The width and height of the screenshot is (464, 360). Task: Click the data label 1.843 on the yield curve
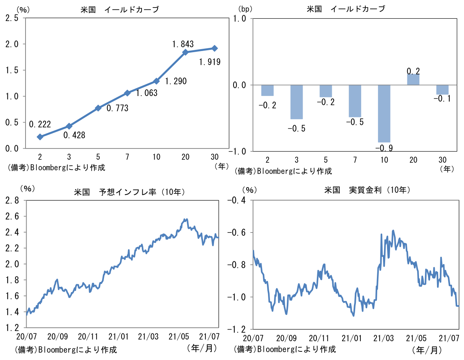[x=183, y=44]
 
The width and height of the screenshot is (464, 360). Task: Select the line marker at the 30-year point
[x=215, y=48]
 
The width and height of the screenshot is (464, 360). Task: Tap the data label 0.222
[x=40, y=124]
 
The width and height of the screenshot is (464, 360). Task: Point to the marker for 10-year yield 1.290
[x=157, y=81]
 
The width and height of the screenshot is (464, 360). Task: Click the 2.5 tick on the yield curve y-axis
[x=12, y=18]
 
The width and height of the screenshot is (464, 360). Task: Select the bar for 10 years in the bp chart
[x=384, y=113]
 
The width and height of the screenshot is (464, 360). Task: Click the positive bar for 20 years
[x=413, y=79]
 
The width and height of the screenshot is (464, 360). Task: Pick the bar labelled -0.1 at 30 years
[x=442, y=90]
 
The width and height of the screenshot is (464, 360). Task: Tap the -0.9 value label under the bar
[x=384, y=148]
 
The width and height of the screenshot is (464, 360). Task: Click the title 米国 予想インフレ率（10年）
[x=129, y=192]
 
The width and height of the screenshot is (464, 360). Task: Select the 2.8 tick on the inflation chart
[x=12, y=200]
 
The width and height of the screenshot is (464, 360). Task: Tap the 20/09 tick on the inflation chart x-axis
[x=57, y=336]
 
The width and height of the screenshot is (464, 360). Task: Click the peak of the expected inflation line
[x=185, y=219]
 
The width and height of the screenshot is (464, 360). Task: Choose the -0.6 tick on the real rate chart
[x=236, y=232]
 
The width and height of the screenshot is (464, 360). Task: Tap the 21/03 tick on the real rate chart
[x=383, y=338]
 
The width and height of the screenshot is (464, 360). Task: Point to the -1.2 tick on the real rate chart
[x=236, y=329]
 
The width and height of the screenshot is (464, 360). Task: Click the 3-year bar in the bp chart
[x=297, y=102]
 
